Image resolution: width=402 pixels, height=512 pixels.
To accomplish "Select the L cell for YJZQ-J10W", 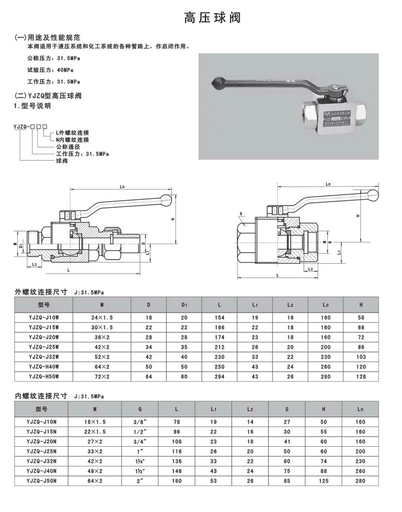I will [x=219, y=318].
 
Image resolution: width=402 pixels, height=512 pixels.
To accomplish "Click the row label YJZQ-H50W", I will [x=44, y=376].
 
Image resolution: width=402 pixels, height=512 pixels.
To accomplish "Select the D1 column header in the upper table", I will [x=184, y=305].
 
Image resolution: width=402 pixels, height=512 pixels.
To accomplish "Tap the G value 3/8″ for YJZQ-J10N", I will [x=140, y=422].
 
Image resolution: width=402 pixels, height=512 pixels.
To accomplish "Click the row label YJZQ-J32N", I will [x=41, y=462].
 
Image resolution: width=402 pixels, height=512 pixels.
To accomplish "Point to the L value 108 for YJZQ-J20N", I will [x=177, y=442].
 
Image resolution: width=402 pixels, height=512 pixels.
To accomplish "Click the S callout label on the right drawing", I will [x=242, y=214].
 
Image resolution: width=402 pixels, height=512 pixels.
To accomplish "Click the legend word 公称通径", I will [x=68, y=147].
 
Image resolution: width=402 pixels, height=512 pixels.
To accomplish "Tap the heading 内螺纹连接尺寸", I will [x=41, y=396].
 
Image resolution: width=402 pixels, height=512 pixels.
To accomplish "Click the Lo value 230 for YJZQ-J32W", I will [x=325, y=357].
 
